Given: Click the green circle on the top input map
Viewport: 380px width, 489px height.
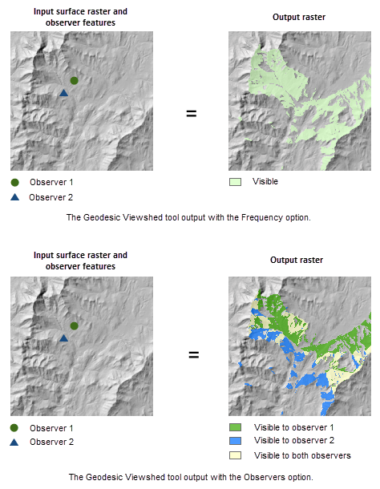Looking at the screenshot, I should pos(74,81).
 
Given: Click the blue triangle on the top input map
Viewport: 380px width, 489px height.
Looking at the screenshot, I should pos(64,93).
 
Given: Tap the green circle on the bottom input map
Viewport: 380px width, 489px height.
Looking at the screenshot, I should pos(74,326).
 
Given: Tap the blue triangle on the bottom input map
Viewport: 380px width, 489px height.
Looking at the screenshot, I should pos(64,338).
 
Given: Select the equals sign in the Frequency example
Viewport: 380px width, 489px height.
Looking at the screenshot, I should pos(192,113).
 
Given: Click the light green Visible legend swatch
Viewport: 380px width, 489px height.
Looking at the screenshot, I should pos(235,182).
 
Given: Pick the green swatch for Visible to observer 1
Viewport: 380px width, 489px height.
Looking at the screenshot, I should pos(235,427).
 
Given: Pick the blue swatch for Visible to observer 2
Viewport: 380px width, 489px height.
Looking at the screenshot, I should pos(235,441).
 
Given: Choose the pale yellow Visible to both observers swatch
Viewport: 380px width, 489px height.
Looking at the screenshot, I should pos(235,455).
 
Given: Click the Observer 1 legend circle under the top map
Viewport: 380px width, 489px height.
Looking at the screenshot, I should pos(15,183).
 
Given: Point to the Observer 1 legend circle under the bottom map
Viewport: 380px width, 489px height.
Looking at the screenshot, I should pos(15,428).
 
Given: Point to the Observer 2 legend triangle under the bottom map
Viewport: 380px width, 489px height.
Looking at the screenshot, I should pos(15,442).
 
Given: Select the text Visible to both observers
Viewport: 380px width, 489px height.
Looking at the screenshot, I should pos(301,455).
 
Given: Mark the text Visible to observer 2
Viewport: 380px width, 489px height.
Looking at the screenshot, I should pos(293,441).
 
